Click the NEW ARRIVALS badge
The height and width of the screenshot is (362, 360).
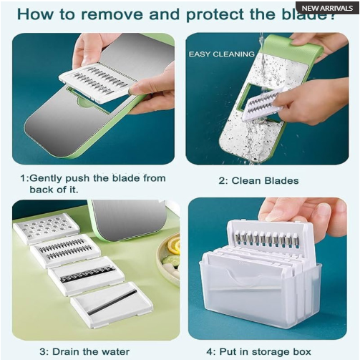click(x=326, y=8)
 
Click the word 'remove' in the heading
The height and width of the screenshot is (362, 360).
click(x=109, y=14)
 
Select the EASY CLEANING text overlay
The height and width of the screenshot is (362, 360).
click(x=221, y=54)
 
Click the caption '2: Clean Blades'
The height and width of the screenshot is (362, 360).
click(x=260, y=181)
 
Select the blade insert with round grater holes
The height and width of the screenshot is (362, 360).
click(x=46, y=228)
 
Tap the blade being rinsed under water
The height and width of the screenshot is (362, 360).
click(x=262, y=105)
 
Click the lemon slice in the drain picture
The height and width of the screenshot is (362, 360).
click(x=173, y=246)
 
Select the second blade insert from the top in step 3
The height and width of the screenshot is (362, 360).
click(x=65, y=250)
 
